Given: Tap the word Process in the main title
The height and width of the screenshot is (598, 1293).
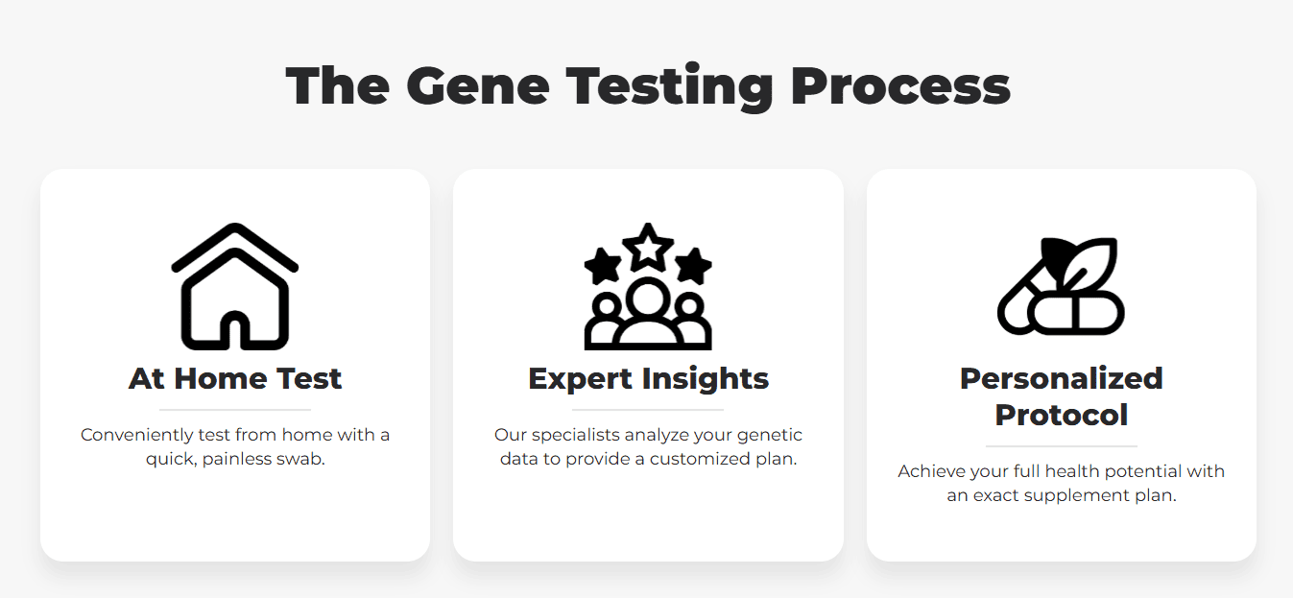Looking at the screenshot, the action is pyautogui.click(x=900, y=86).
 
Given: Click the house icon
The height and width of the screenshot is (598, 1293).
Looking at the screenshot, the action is pyautogui.click(x=235, y=286).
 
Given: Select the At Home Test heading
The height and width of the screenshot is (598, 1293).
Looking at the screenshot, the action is pyautogui.click(x=235, y=378).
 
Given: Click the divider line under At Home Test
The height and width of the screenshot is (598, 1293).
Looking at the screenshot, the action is pyautogui.click(x=235, y=410).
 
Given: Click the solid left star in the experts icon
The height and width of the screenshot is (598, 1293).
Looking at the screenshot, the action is pyautogui.click(x=603, y=266).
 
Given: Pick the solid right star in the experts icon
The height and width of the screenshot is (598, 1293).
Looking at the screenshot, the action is pyautogui.click(x=693, y=266).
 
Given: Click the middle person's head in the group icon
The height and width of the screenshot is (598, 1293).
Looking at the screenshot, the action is pyautogui.click(x=648, y=298).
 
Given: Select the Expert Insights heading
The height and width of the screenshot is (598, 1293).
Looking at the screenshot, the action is pyautogui.click(x=648, y=379).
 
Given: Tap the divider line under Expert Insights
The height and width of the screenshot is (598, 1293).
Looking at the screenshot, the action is pyautogui.click(x=648, y=410).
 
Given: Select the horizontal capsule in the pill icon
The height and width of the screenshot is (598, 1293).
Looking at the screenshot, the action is pyautogui.click(x=1076, y=314).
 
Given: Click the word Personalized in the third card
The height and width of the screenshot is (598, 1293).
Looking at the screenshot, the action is pyautogui.click(x=1062, y=378).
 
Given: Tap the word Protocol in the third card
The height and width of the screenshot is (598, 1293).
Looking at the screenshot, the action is pyautogui.click(x=1062, y=415).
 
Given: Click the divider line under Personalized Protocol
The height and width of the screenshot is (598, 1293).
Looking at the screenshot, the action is pyautogui.click(x=1062, y=446).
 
